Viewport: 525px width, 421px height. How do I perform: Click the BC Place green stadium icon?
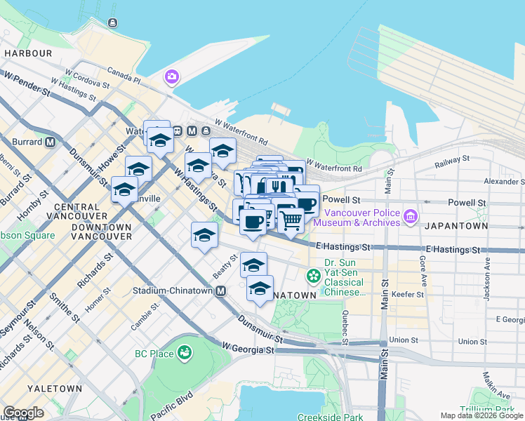185,352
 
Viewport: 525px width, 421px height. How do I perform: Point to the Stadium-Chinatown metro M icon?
220,290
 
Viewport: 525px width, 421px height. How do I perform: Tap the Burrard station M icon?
50,141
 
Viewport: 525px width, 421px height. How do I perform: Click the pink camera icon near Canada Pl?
171,76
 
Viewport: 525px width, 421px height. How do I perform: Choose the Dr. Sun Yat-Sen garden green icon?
314,274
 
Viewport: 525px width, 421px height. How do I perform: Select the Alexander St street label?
503,181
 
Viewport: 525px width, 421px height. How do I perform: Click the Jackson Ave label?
486,277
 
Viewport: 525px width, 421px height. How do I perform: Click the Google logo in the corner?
23,413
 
